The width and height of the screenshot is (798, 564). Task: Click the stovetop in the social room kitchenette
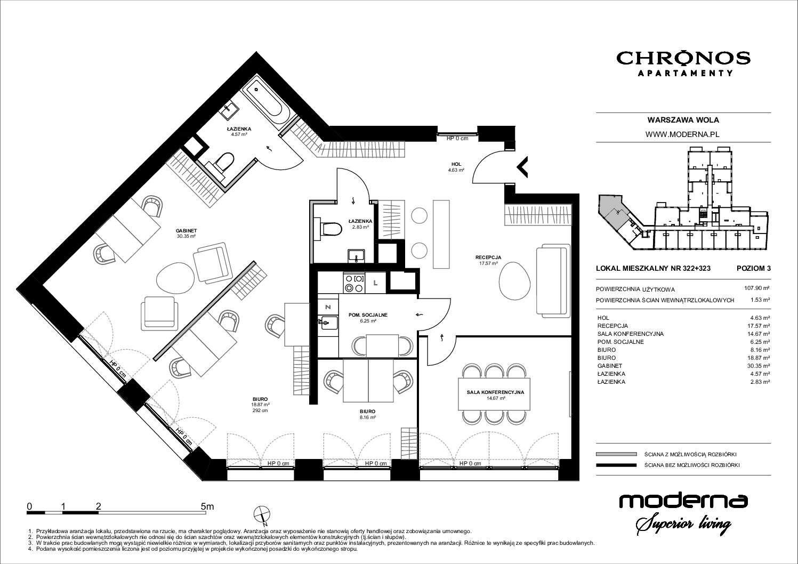[x=354, y=283]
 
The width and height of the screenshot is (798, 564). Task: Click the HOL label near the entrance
[x=456, y=164]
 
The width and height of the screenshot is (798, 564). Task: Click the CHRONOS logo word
[x=683, y=58]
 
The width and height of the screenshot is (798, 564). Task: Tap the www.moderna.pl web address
[x=683, y=134]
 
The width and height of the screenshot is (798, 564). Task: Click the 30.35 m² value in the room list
[x=760, y=366]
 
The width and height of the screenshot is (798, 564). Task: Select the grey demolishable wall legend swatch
[x=616, y=454]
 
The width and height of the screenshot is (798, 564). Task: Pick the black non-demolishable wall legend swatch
[x=616, y=465]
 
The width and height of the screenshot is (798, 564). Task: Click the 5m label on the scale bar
[x=207, y=506]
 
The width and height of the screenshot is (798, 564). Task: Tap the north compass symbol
[x=262, y=515]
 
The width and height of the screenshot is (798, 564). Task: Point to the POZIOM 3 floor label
[x=753, y=268]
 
